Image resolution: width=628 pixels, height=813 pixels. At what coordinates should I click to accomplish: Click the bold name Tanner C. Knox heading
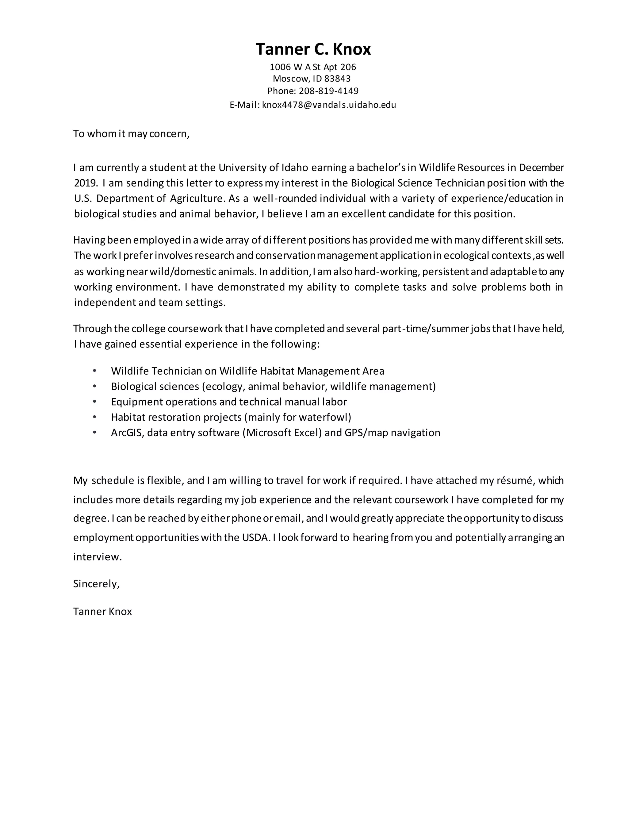pyautogui.click(x=313, y=49)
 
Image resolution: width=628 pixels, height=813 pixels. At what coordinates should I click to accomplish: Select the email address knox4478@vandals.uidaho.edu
pyautogui.click(x=329, y=105)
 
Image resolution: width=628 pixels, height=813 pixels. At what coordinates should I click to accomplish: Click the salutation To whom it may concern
pyautogui.click(x=131, y=134)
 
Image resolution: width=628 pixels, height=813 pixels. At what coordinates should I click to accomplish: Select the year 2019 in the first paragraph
pyautogui.click(x=85, y=183)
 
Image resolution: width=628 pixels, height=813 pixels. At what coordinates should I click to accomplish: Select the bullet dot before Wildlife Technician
pyautogui.click(x=94, y=371)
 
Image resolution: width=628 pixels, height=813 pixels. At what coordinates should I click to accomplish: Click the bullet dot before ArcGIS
pyautogui.click(x=94, y=433)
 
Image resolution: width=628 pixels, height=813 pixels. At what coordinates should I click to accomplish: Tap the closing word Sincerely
pyautogui.click(x=96, y=584)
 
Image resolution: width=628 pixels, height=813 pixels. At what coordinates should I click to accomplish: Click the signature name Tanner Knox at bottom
pyautogui.click(x=103, y=612)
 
